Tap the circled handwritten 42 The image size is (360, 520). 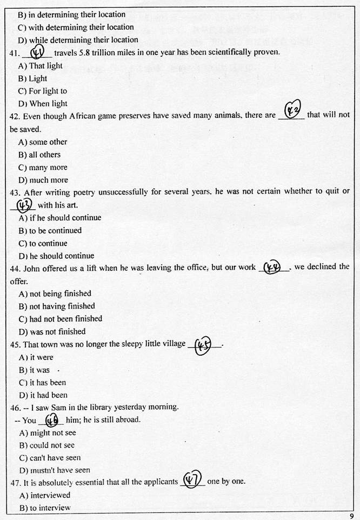(292, 111)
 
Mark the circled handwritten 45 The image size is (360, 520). (202, 345)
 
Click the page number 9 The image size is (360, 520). (352, 516)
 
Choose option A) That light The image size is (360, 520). (41, 65)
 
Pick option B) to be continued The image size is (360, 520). (50, 231)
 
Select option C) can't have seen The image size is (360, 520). (50, 458)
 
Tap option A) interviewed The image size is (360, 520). (44, 495)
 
